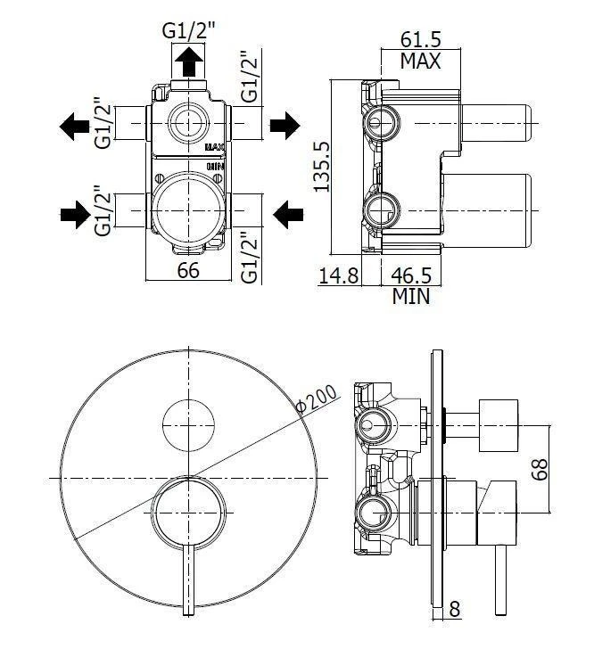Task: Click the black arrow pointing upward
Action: coord(188,63)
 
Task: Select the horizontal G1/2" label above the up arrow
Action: coord(188,30)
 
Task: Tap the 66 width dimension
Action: coord(188,272)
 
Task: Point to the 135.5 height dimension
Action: coord(322,166)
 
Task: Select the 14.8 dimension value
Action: coord(339,275)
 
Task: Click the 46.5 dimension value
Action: coord(412,275)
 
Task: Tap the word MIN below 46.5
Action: coord(411,296)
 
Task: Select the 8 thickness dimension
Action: coord(455,610)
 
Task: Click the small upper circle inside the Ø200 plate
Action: coord(189,424)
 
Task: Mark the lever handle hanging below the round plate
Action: coord(189,579)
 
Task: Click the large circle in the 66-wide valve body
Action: coord(188,209)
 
